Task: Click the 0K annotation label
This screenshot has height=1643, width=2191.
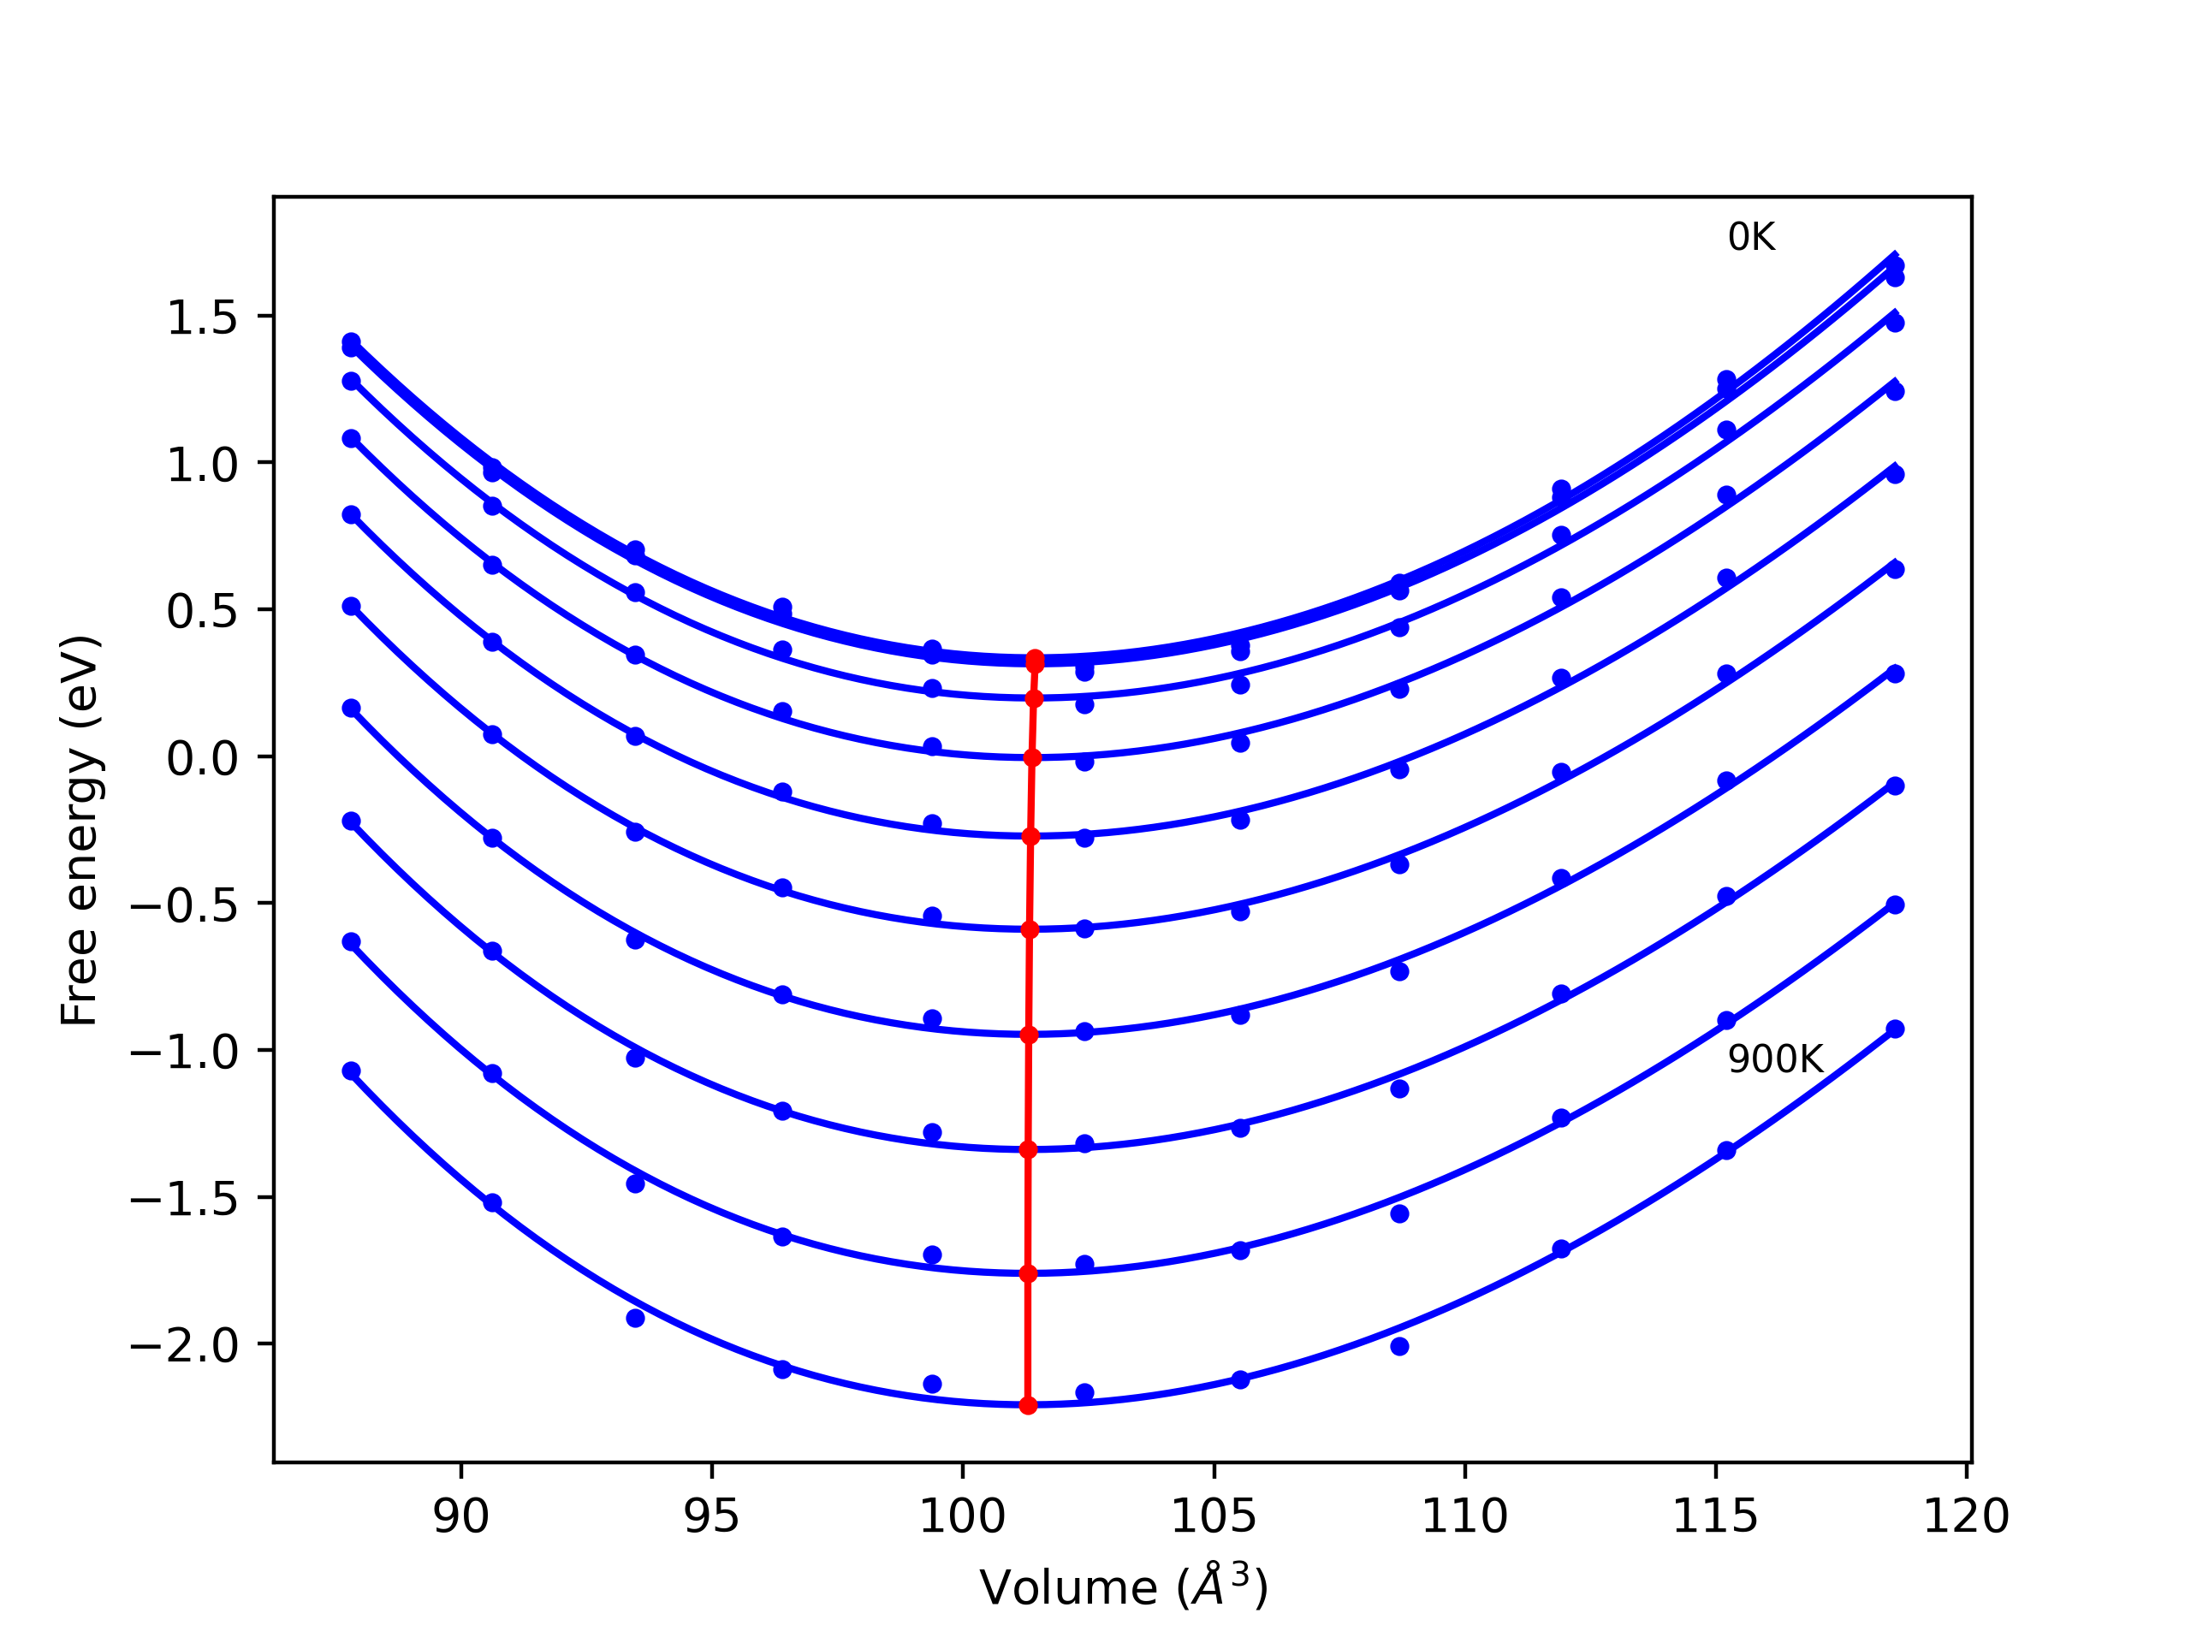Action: [1750, 238]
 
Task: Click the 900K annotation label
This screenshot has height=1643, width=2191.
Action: [1775, 1059]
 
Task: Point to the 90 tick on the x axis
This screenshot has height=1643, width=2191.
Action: [460, 1516]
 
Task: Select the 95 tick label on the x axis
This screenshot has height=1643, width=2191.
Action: [711, 1516]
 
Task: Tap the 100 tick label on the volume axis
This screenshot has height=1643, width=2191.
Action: [963, 1516]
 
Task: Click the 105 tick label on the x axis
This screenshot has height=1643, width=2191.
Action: [1214, 1516]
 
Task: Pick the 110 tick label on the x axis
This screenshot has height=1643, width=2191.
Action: [1464, 1516]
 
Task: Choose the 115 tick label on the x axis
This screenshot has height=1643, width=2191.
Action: [1714, 1516]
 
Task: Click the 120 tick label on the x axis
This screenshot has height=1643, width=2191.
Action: [1965, 1516]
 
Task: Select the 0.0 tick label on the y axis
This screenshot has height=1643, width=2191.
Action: [202, 759]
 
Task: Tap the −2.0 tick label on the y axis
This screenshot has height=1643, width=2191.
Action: [184, 1346]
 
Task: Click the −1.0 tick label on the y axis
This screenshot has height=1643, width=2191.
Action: [184, 1052]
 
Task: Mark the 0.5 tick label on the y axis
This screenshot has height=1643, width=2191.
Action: [202, 611]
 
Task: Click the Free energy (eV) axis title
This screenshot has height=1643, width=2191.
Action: [80, 830]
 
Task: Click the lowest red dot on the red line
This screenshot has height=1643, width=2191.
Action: [1028, 1405]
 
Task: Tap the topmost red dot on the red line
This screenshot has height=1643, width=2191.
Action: [1035, 659]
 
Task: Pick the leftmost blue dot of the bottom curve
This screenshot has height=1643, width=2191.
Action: [352, 1071]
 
